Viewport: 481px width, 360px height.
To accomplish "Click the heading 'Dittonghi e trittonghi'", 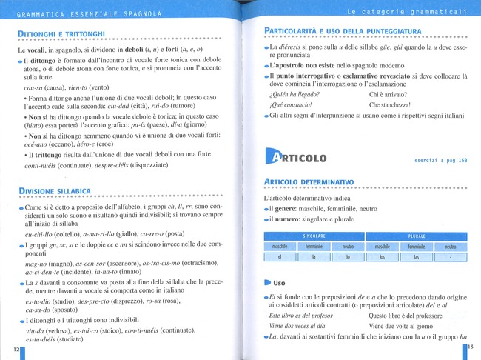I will (x=61, y=33).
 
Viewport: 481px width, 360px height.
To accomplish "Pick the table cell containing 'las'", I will (x=416, y=257).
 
